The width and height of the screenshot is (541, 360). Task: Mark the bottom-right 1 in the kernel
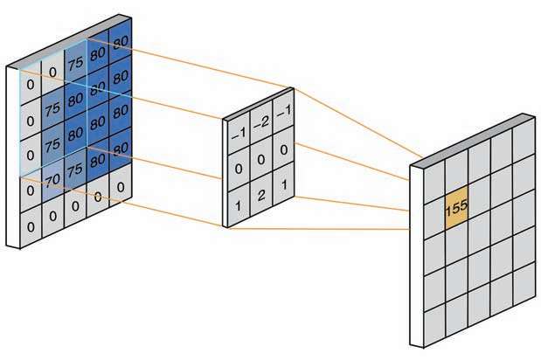[281, 187]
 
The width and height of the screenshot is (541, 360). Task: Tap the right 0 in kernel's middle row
[281, 150]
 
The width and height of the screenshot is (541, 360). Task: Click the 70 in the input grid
[53, 181]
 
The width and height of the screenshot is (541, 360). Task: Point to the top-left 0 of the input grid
[31, 85]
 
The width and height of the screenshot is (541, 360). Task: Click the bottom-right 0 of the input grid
[121, 186]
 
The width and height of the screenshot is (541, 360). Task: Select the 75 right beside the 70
[76, 172]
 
